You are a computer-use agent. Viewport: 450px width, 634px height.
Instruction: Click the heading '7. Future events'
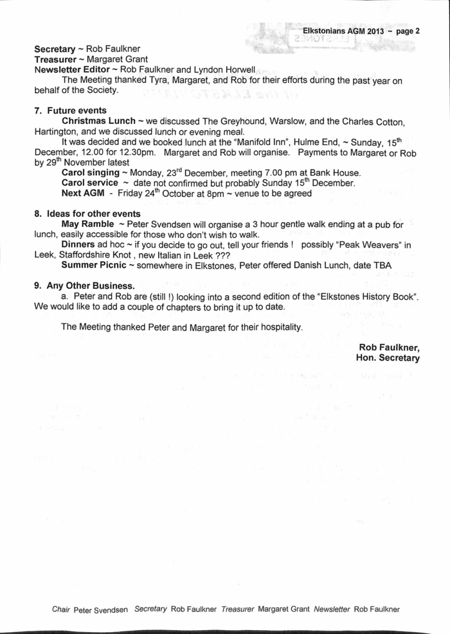tap(70, 110)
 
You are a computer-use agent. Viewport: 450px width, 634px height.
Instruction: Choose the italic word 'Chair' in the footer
tap(61, 608)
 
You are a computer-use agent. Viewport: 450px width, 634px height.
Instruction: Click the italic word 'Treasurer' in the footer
tap(238, 608)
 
